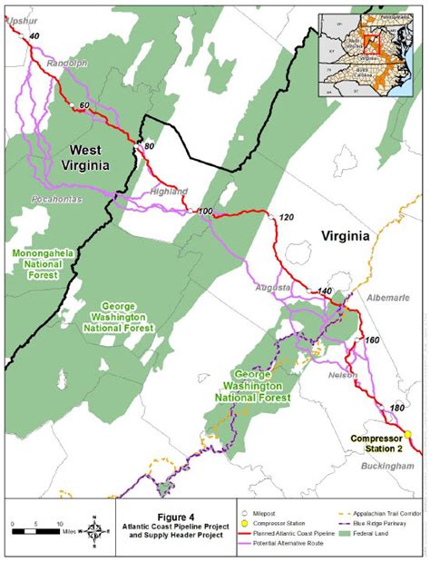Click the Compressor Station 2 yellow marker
pyautogui.click(x=408, y=435)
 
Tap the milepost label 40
pyautogui.click(x=34, y=35)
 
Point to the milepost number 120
pyautogui.click(x=288, y=219)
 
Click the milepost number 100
pyautogui.click(x=205, y=212)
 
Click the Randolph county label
pyautogui.click(x=67, y=64)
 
